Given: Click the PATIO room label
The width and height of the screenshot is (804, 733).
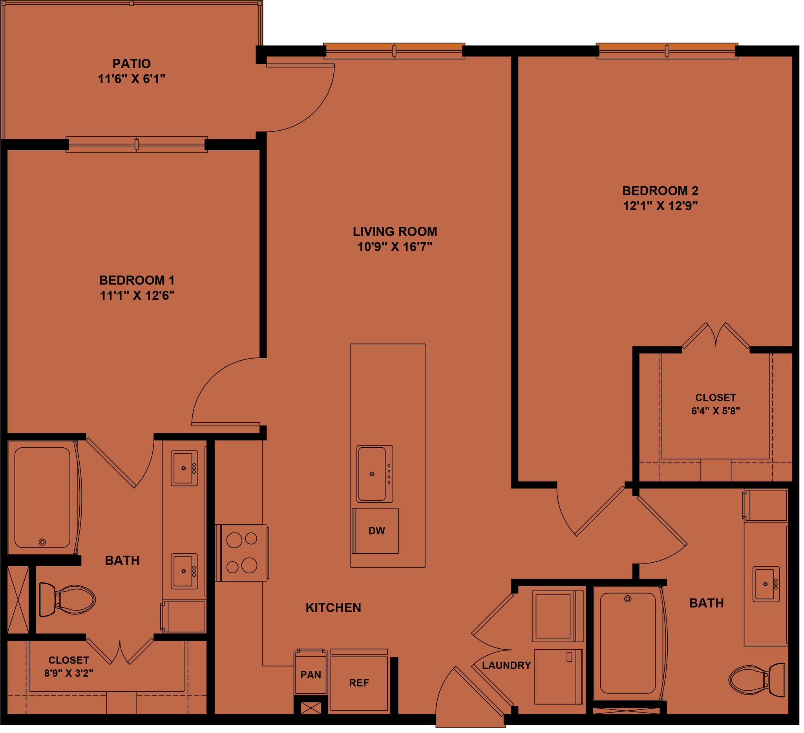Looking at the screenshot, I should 131,64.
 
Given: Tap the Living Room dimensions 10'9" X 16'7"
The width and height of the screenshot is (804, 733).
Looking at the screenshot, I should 395,247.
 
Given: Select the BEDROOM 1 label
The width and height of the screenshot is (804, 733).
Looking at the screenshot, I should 137,280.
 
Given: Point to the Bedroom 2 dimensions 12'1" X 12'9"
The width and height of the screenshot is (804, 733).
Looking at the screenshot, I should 660,206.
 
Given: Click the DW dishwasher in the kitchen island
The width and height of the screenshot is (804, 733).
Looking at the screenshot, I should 376,531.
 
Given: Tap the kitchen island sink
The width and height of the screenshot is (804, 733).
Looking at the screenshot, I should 372,474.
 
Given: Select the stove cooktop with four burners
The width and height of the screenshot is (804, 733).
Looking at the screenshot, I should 241,553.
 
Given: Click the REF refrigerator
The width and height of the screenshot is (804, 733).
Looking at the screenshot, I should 359,683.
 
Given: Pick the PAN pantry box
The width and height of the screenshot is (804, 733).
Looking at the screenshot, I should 311,675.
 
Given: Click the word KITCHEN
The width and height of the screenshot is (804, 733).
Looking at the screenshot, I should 333,608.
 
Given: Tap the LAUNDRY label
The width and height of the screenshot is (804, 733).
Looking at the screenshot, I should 506,666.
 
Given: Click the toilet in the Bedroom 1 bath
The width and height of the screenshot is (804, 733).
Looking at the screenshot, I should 68,600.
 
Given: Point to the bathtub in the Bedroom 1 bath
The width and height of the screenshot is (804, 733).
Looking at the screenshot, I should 42,498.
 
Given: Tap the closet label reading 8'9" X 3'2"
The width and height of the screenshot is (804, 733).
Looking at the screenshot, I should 69,673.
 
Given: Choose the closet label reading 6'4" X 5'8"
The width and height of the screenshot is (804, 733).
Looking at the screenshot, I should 715,411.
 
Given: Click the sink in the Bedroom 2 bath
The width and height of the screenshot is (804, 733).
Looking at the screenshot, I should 766,584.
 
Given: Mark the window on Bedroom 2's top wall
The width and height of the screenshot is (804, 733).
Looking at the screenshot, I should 667,51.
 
